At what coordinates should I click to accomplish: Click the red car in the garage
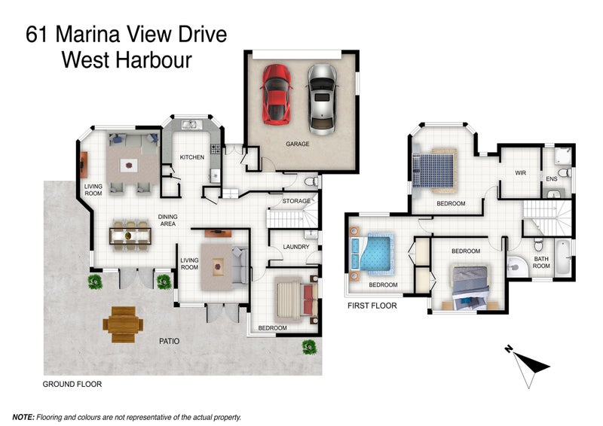(x=276, y=94)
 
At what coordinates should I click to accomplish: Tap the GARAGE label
(x=297, y=144)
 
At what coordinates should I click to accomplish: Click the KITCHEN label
(x=192, y=157)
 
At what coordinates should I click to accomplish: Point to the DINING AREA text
(x=167, y=220)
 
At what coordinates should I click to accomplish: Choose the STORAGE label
(x=296, y=201)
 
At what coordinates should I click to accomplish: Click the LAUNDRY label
(x=296, y=247)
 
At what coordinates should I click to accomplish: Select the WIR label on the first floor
(x=520, y=173)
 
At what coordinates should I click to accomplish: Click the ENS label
(x=552, y=180)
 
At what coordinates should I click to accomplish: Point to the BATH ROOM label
(x=542, y=263)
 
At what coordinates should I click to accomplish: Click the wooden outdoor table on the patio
(x=122, y=324)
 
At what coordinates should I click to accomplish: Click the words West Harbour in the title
(x=127, y=60)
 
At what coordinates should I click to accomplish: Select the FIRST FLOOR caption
(x=372, y=306)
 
